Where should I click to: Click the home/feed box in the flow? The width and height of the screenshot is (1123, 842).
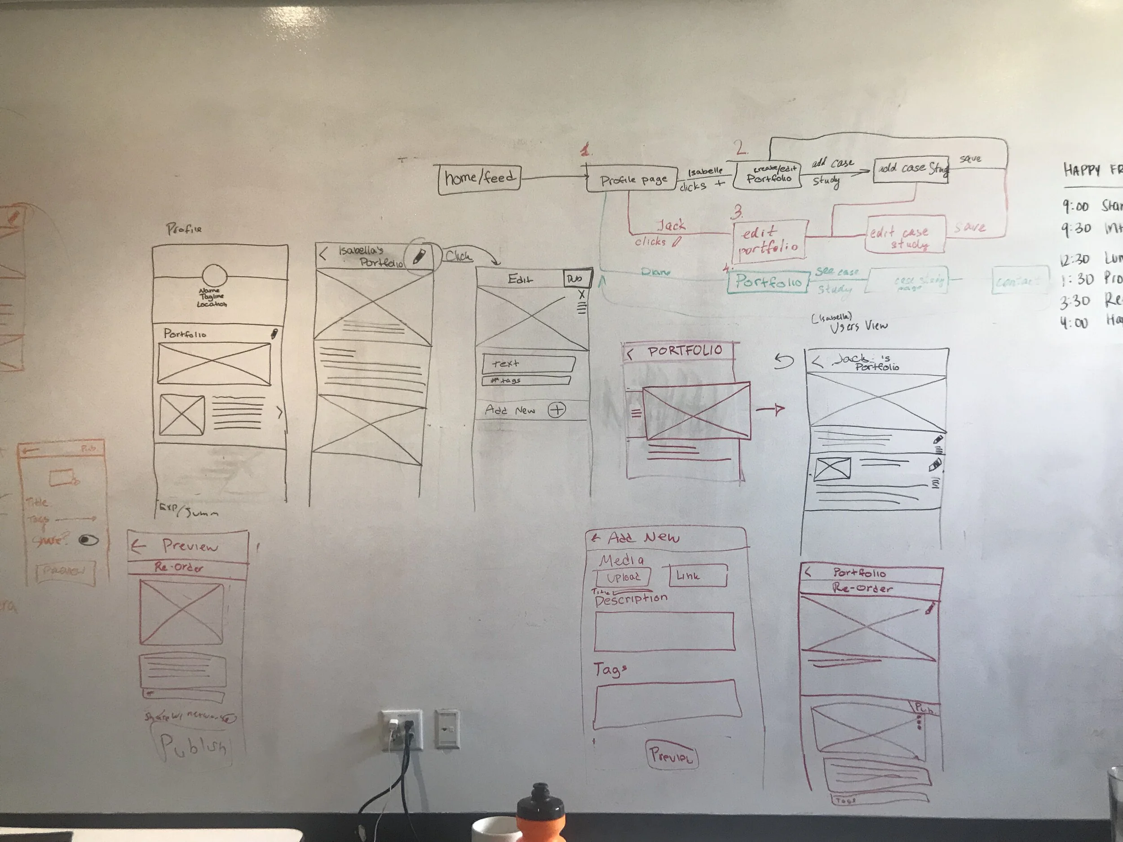pos(479,179)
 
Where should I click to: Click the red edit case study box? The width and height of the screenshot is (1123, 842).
pos(905,234)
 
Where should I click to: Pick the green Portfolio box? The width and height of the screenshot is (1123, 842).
pos(768,281)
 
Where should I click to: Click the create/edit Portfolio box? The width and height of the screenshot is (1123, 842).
pos(768,175)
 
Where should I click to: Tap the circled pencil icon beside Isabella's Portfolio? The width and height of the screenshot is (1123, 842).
pos(419,257)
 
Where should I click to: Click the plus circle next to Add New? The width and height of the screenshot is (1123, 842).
pos(557,410)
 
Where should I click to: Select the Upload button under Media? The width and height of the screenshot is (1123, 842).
pos(623,577)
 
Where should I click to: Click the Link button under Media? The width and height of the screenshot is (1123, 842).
pos(698,576)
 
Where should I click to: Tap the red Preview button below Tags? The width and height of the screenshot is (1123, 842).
pos(671,755)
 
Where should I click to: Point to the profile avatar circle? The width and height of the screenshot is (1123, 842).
pos(214,277)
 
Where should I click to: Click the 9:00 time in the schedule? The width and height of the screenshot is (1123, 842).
pos(1075,207)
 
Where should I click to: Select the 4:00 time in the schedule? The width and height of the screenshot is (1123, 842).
pos(1073,323)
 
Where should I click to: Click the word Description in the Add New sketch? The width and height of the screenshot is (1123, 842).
pos(631,600)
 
